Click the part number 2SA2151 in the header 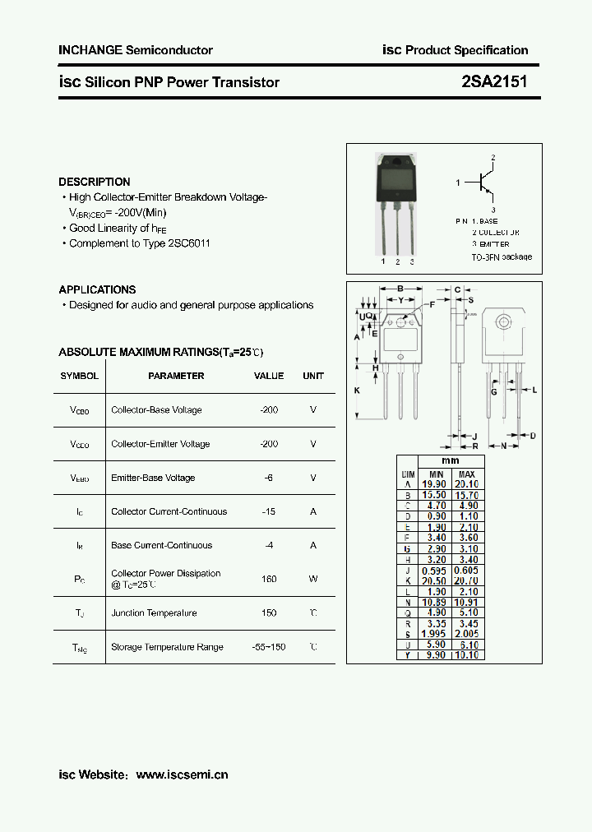point(494,82)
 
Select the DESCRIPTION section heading point(95,182)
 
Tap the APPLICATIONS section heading point(97,289)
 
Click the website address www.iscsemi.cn point(182,774)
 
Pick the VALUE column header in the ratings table point(269,376)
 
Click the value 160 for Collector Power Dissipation point(269,579)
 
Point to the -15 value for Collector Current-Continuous point(269,511)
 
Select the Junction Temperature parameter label point(154,613)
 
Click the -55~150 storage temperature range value point(269,647)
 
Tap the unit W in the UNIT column point(313,579)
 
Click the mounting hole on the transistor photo point(397,162)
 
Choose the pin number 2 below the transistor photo point(397,261)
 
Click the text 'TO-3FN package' point(502,257)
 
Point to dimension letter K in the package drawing point(357,391)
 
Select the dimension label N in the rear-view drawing point(503,446)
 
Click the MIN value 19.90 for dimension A point(436,485)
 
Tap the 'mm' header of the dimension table point(450,461)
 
